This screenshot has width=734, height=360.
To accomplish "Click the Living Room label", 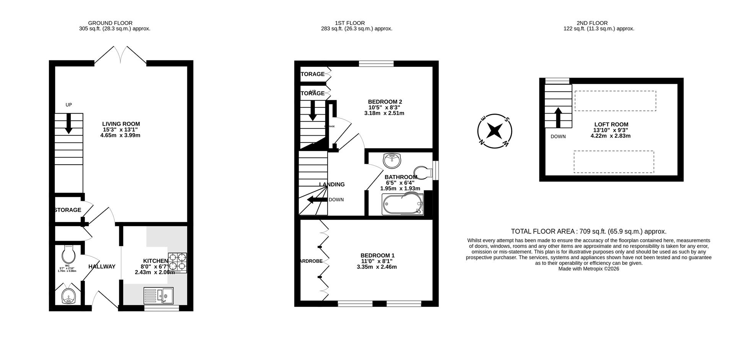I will pos(121,124).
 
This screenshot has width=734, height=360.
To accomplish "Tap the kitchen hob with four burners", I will pos(177,263).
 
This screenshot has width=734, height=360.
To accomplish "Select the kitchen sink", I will pos(159,295).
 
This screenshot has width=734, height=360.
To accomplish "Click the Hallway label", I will pos(102,266).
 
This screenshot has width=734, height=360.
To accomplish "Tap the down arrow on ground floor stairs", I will pos(69,125).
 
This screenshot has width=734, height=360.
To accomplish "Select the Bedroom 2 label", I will pos(385,102).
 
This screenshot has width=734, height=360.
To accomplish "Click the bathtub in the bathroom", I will pos(403,204).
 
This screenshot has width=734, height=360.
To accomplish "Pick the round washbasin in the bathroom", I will pos(392,160).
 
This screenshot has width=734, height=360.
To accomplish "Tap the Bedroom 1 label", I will pos(377,255).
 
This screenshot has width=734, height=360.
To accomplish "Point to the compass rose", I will pos(495,131).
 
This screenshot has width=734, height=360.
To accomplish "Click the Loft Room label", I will pos(611,124).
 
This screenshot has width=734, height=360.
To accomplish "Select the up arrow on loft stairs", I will pos(558,117).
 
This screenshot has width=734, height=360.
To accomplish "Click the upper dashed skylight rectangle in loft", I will pos(615,101).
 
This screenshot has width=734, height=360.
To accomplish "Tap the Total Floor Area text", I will pos(588,231).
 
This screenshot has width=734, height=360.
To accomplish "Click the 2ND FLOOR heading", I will pos(592,23).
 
